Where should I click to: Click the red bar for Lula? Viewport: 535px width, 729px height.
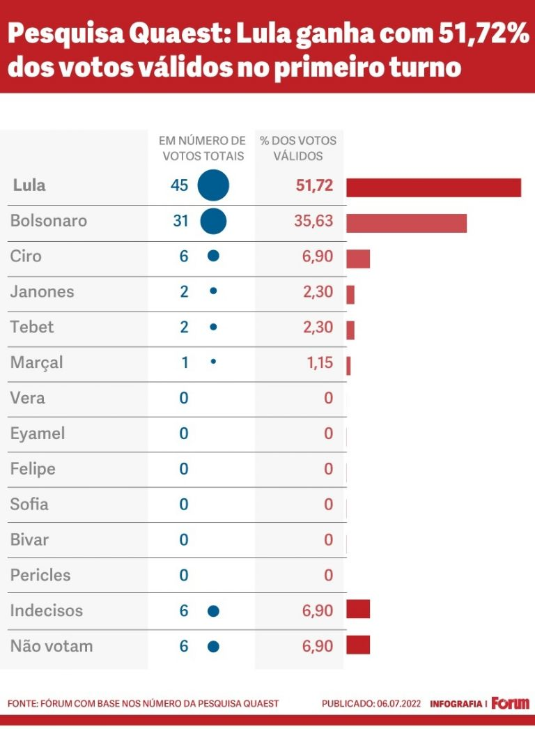click(433, 187)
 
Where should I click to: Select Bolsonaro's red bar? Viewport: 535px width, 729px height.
click(406, 223)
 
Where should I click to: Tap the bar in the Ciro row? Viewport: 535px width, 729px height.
click(358, 259)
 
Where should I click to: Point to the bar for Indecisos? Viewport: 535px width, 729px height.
click(358, 608)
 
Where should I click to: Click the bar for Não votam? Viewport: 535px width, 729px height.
click(358, 645)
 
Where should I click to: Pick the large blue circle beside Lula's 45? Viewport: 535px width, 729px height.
click(213, 185)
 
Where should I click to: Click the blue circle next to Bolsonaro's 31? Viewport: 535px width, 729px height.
click(213, 221)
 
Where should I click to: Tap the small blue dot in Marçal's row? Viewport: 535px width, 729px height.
click(213, 362)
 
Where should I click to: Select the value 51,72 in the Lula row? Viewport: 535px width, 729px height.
click(313, 185)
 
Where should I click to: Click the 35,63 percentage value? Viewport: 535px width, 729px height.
click(313, 221)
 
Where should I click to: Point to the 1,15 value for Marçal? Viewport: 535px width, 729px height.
click(320, 363)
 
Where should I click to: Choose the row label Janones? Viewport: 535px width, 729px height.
click(42, 292)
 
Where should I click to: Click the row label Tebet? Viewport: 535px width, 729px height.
click(32, 327)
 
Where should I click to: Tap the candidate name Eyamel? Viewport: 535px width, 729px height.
click(38, 433)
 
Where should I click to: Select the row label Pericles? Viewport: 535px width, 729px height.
click(40, 575)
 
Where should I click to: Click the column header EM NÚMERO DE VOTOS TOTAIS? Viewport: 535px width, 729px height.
click(203, 148)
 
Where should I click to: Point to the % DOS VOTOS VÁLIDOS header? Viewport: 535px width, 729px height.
click(298, 148)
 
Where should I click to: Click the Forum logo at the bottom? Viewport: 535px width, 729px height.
click(510, 703)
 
